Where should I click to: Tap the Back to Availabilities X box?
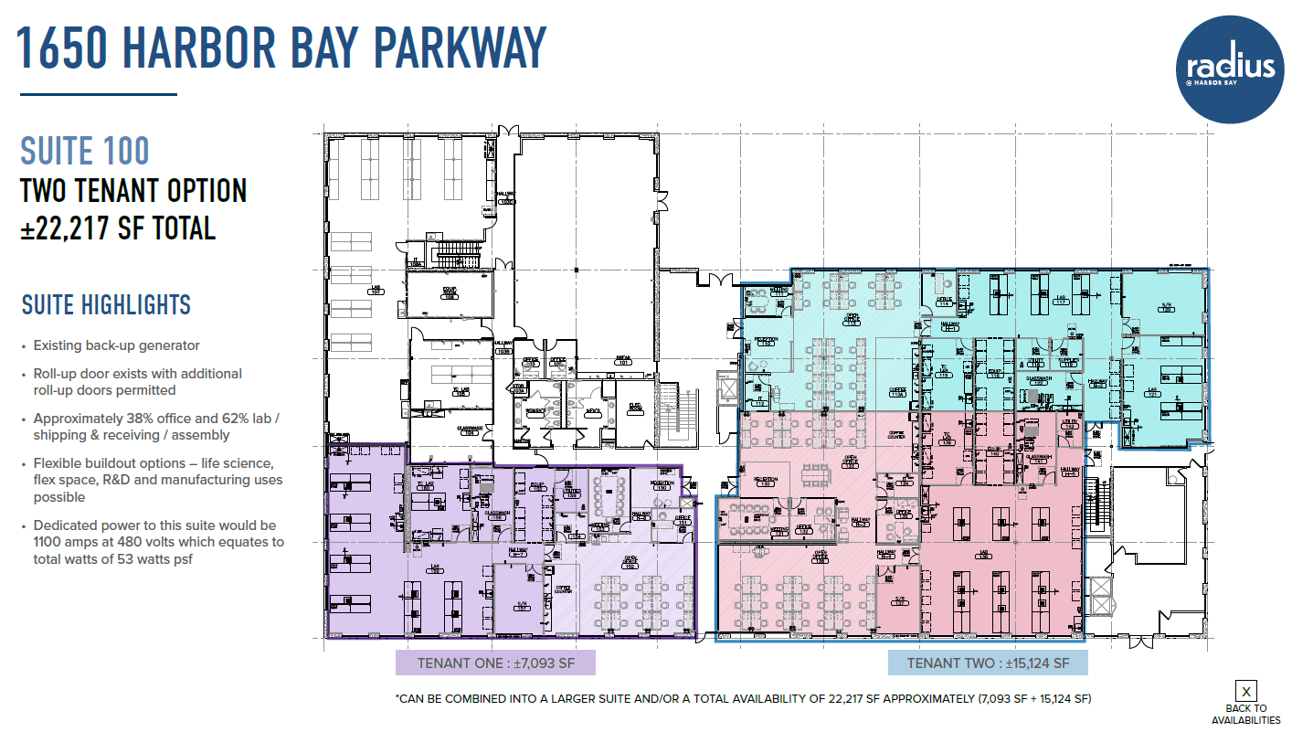pos(1245,692)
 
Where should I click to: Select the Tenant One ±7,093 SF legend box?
pos(495,663)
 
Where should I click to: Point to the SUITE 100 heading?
pos(85,151)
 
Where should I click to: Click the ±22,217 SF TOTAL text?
pos(119,227)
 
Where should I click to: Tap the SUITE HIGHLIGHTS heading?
pos(106,304)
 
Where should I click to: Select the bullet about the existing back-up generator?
pos(116,345)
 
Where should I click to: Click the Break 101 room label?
pos(624,361)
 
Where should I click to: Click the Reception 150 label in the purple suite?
pos(662,485)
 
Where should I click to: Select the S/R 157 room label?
pos(522,605)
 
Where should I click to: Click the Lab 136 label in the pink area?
pos(985,555)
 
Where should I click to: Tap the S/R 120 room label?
pos(1166,308)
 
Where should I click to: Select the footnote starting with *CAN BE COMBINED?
pos(743,699)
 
